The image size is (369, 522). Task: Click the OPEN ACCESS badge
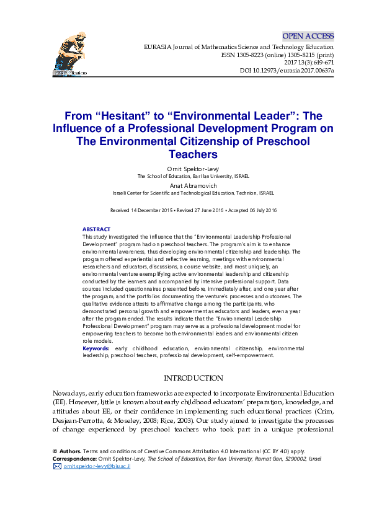[308, 36]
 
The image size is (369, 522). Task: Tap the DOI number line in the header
[287, 71]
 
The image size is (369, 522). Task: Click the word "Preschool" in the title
[272, 141]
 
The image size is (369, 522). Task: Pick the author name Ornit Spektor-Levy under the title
[184, 169]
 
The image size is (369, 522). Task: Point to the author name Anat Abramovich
[184, 185]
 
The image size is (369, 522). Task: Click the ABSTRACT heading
[96, 229]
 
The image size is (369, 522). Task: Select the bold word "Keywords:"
[96, 349]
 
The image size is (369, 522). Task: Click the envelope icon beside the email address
[58, 466]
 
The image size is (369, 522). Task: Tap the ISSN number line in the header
[277, 55]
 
